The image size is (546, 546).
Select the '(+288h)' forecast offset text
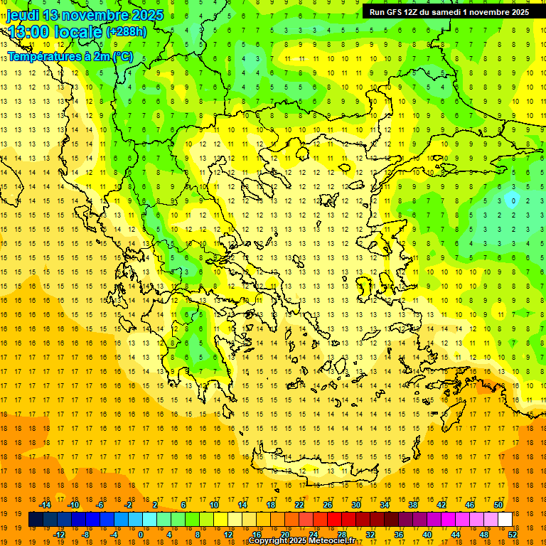coord(127,31)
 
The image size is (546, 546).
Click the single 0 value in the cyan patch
coord(514,200)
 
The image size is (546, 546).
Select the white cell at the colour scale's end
coord(505,520)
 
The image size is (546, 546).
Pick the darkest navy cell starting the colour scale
coord(36,520)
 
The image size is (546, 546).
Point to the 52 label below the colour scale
coord(513,535)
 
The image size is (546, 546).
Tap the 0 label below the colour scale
coord(141,535)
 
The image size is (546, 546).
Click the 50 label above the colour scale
coord(498,505)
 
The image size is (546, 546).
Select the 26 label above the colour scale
coord(328,505)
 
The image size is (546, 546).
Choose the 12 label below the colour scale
coord(228,535)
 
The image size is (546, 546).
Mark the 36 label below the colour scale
coord(399,535)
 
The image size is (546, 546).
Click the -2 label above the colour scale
coord(128,505)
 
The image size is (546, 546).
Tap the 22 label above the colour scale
coord(299,505)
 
